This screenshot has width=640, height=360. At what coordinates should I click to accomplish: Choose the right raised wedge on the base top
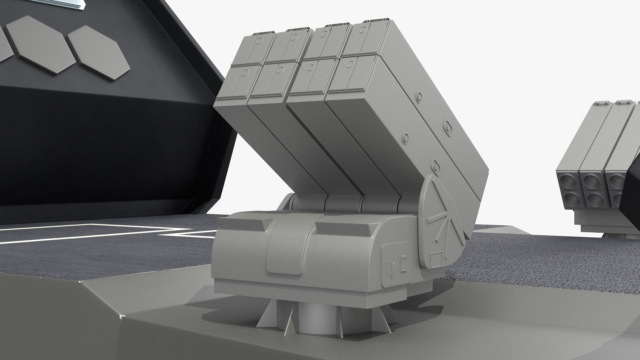(x=343, y=228)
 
